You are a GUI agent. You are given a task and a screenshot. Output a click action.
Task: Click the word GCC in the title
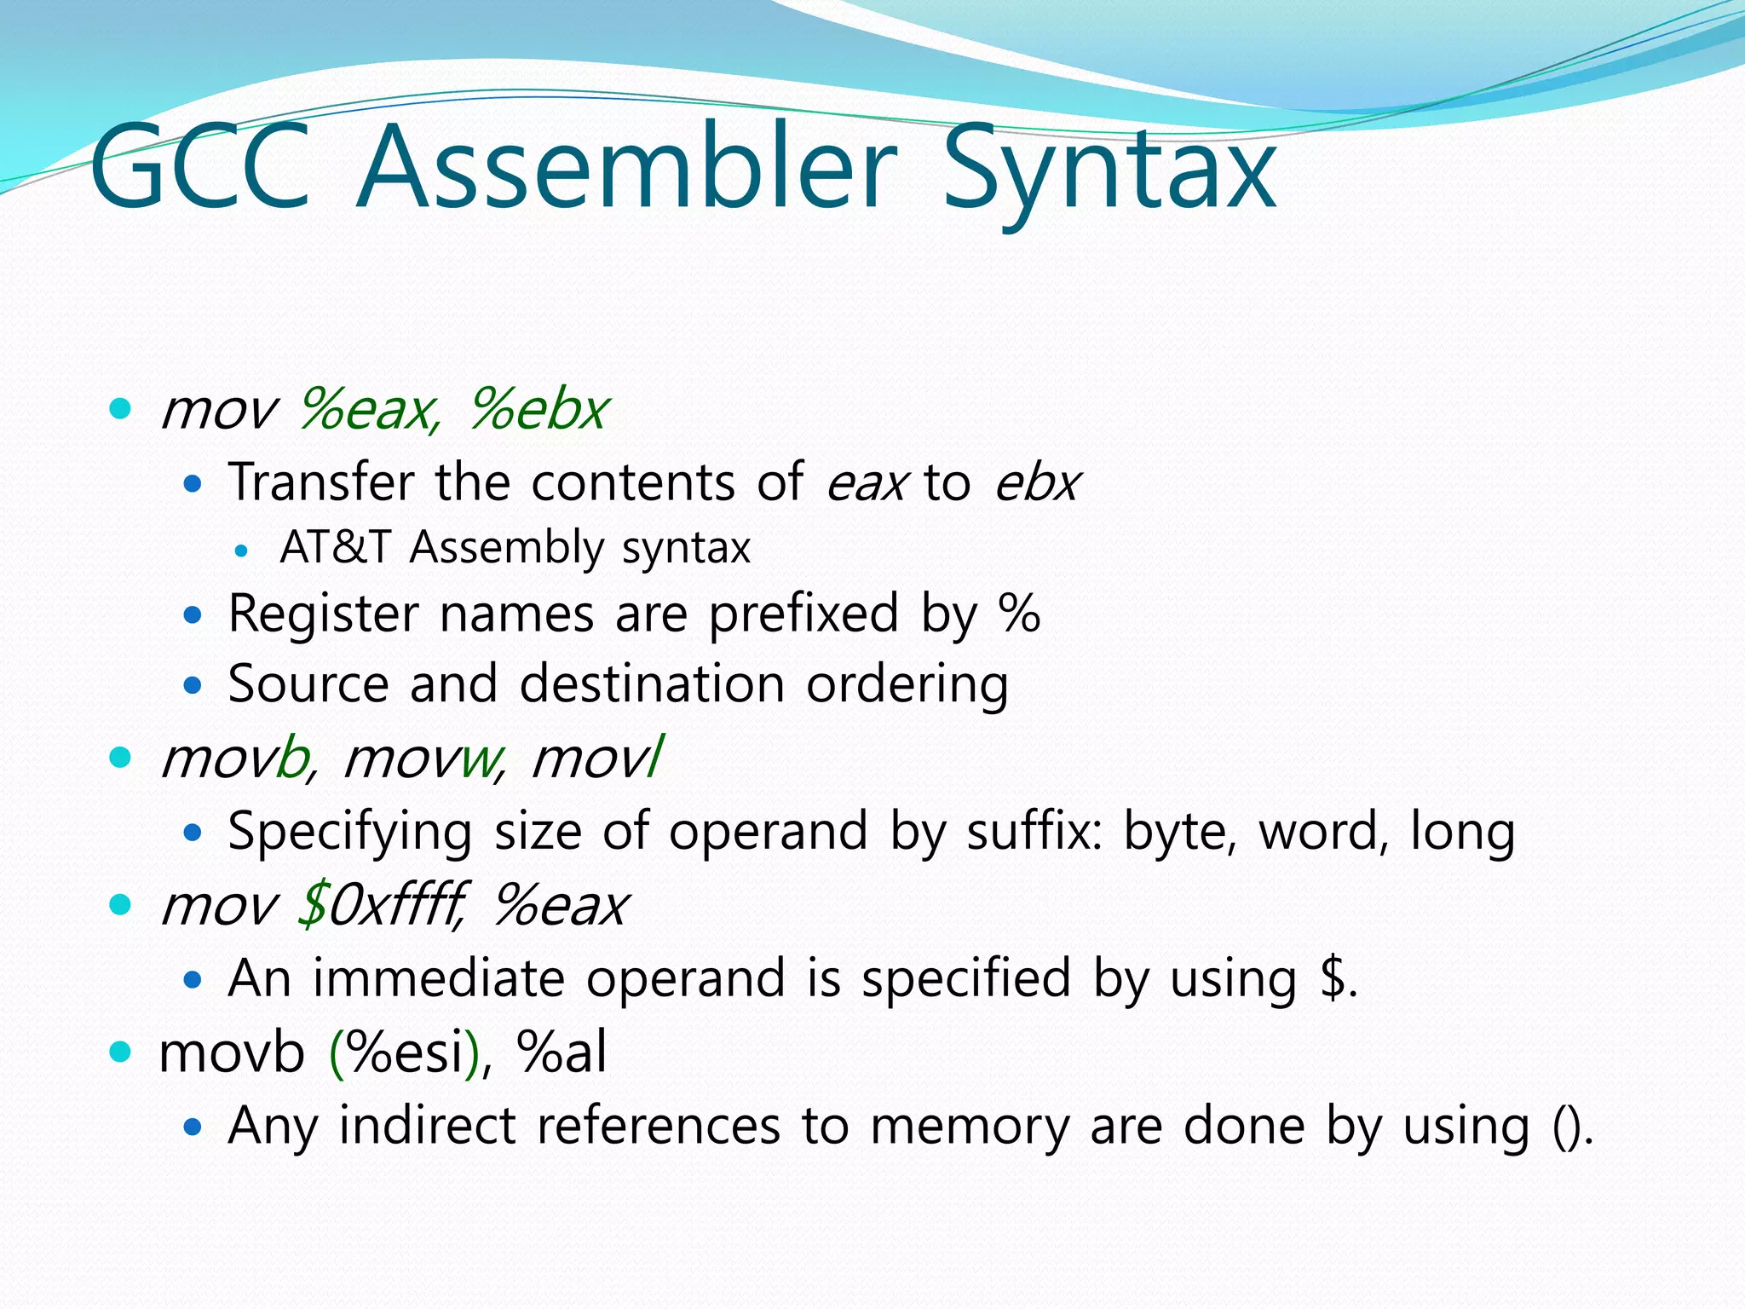[x=201, y=167]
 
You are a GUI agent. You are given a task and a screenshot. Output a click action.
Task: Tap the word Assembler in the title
[x=628, y=167]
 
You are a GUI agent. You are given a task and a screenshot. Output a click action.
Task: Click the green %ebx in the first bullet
[x=538, y=410]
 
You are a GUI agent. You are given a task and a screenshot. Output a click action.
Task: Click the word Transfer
[x=320, y=482]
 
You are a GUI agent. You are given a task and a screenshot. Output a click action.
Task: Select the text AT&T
[x=334, y=547]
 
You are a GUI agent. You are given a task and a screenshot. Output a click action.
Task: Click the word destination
[x=652, y=684]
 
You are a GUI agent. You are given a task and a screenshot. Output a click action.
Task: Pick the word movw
[x=423, y=758]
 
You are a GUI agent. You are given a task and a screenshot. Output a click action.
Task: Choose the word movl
[x=596, y=758]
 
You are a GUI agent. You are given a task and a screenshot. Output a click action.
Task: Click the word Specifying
[x=349, y=832]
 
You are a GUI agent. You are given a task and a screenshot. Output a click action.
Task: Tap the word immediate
[x=438, y=978]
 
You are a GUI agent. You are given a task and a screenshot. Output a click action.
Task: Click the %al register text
[x=562, y=1052]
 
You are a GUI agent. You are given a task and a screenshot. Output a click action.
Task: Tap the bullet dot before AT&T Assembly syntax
[x=241, y=551]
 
